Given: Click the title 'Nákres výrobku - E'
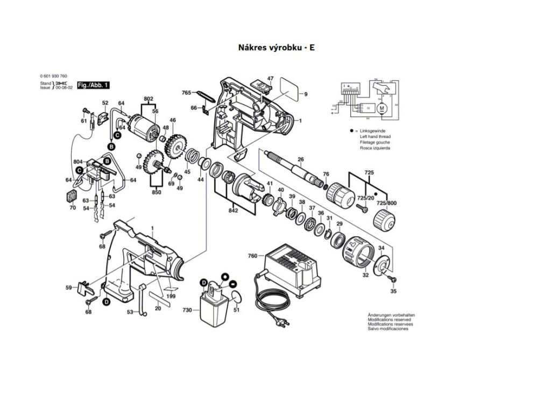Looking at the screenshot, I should pyautogui.click(x=276, y=47).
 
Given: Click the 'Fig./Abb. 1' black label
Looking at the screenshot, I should pyautogui.click(x=94, y=85).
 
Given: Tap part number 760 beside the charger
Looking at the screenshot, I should pyautogui.click(x=252, y=256).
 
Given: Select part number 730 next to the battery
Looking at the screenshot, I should pyautogui.click(x=187, y=310).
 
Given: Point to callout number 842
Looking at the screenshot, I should pyautogui.click(x=232, y=210).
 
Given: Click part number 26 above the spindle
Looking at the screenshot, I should pyautogui.click(x=301, y=159).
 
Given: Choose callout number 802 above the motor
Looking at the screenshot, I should pyautogui.click(x=149, y=99).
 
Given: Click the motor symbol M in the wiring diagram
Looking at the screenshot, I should pyautogui.click(x=382, y=108).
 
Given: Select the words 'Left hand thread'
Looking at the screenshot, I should pyautogui.click(x=375, y=137).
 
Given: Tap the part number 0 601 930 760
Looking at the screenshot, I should pyautogui.click(x=53, y=76).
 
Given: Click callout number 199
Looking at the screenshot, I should pyautogui.click(x=171, y=296).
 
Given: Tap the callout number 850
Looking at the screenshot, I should pyautogui.click(x=156, y=192).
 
